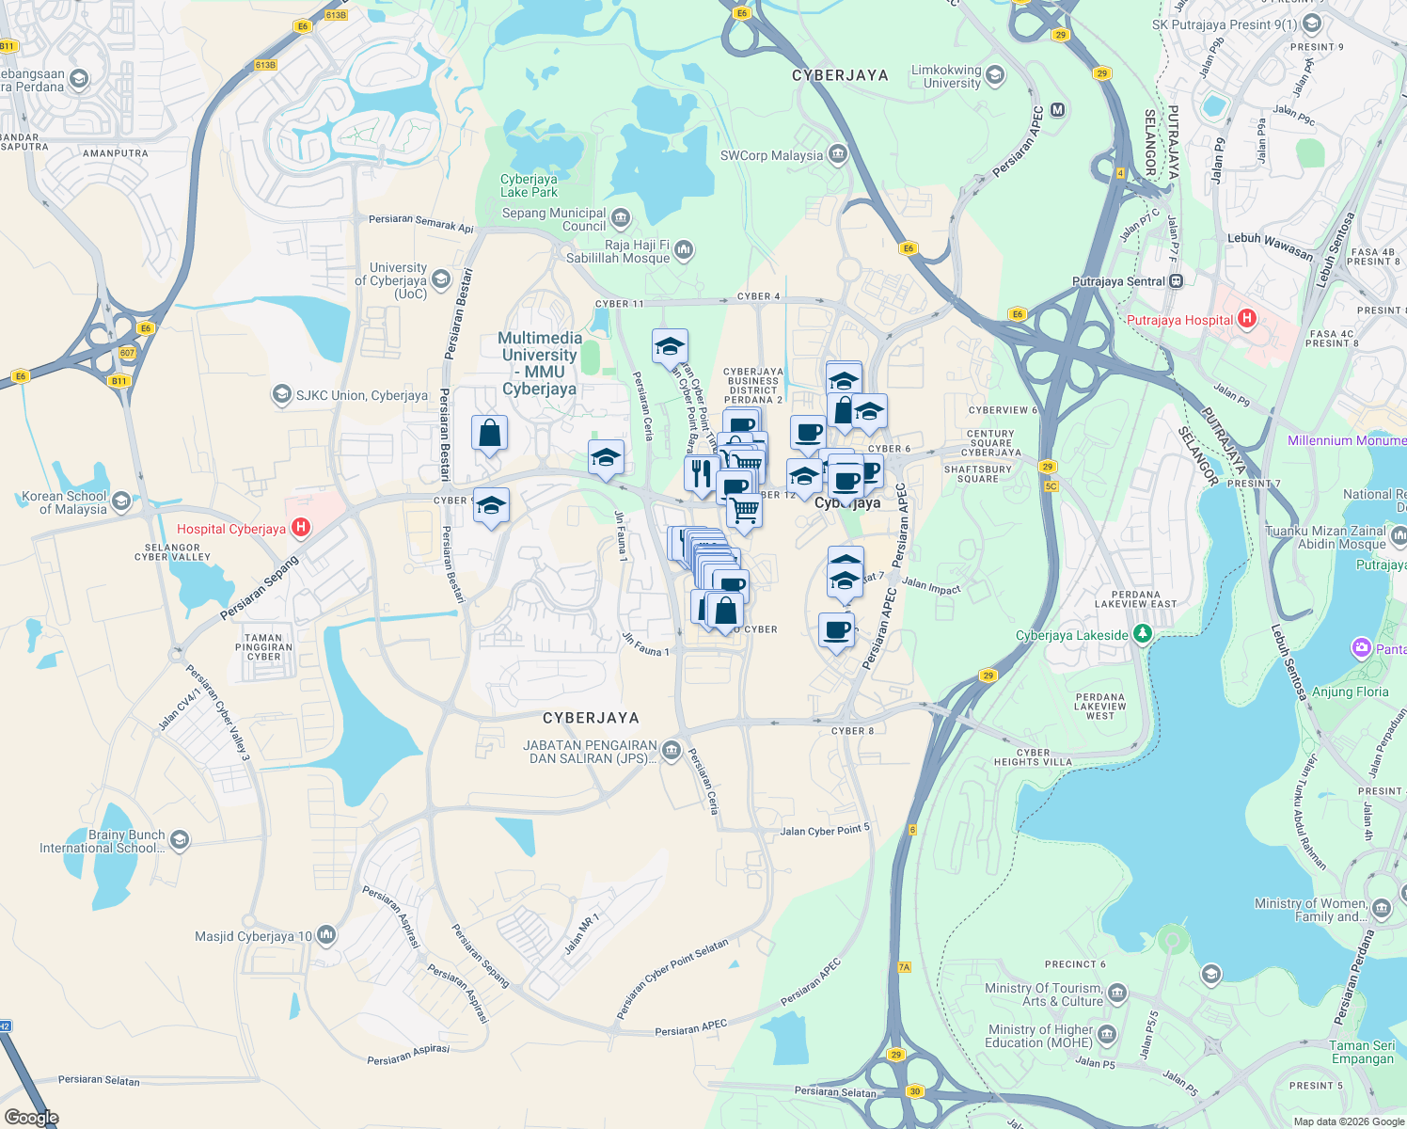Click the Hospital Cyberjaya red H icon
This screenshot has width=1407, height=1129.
(301, 528)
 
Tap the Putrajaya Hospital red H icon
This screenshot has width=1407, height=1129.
(1247, 319)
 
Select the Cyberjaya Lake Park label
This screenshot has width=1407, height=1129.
(529, 185)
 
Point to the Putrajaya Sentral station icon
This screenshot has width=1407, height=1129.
(1176, 281)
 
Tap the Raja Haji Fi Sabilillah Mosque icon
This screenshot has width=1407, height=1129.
(684, 250)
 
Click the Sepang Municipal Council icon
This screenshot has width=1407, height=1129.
(620, 219)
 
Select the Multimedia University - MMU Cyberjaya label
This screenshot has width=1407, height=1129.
(540, 363)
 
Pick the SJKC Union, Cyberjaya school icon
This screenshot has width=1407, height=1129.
(281, 394)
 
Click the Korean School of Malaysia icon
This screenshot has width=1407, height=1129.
(120, 501)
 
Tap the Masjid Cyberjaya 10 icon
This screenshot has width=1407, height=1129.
(326, 935)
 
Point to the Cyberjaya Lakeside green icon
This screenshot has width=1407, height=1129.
(1142, 634)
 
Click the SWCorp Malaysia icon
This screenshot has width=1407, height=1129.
(837, 155)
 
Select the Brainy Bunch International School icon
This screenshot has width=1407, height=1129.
(180, 840)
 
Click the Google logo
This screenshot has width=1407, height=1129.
(32, 1118)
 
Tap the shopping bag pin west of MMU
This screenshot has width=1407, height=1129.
(489, 434)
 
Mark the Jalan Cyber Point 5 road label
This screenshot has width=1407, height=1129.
(825, 831)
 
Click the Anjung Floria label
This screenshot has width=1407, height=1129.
(1350, 692)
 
